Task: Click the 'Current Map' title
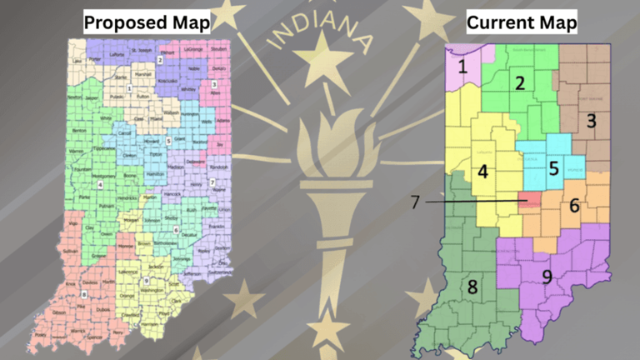click(522, 22)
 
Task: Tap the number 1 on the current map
click(461, 65)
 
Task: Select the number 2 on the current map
click(519, 82)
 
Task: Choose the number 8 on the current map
click(472, 287)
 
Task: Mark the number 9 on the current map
click(547, 276)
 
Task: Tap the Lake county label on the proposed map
click(77, 61)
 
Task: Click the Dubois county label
click(103, 308)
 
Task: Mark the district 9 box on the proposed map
click(147, 280)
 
